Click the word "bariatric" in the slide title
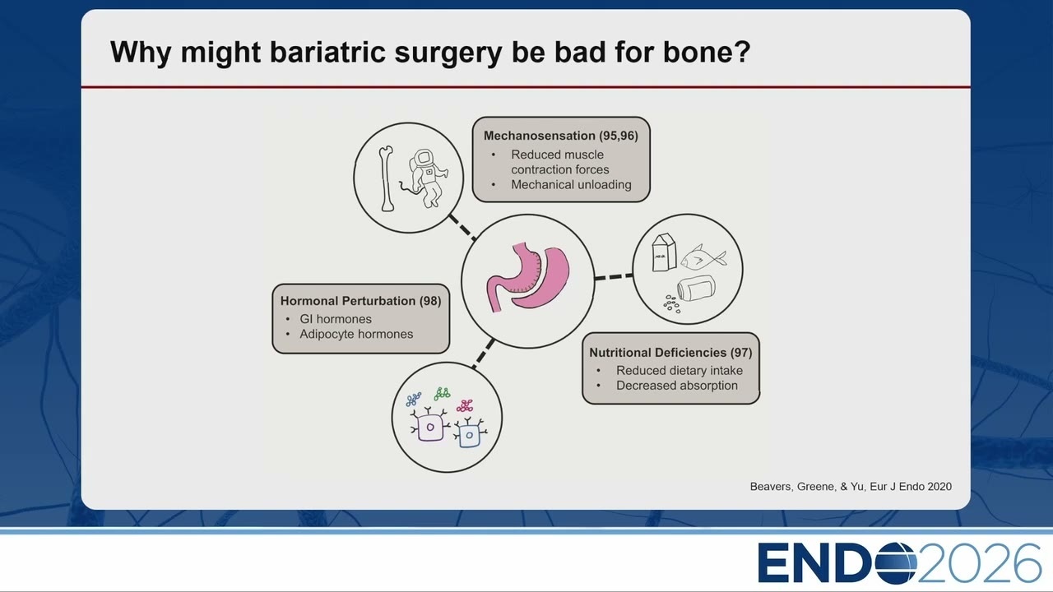(x=328, y=52)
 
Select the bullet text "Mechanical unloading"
(x=571, y=185)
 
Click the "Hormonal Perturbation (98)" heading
(x=360, y=301)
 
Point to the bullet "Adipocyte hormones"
(x=356, y=334)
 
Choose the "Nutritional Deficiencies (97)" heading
(x=670, y=353)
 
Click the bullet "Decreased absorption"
(x=677, y=386)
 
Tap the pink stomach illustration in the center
(x=528, y=278)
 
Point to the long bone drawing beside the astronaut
(x=386, y=178)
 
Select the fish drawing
(x=703, y=258)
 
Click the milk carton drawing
(x=664, y=252)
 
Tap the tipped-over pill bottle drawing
(x=696, y=288)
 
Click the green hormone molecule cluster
(x=442, y=394)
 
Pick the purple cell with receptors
(x=429, y=425)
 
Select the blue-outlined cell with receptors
(x=469, y=433)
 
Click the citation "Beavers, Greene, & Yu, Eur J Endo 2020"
(x=851, y=487)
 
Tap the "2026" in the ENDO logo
(x=979, y=563)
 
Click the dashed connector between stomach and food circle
(x=614, y=277)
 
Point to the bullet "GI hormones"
(x=336, y=319)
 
